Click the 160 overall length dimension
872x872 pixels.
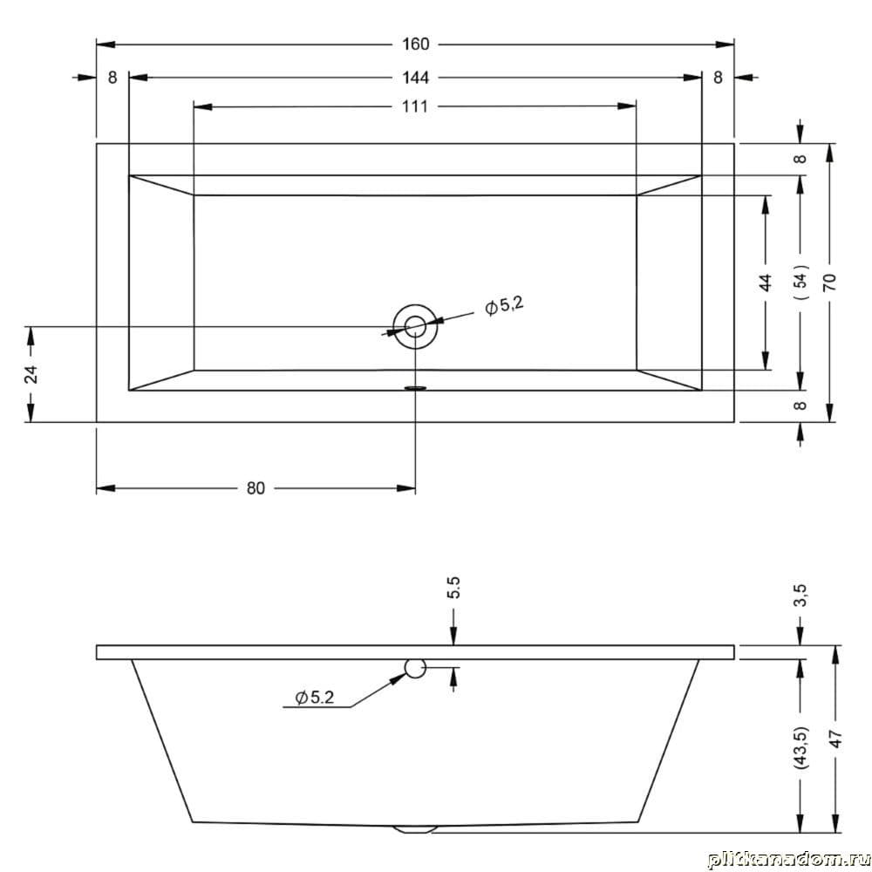(415, 44)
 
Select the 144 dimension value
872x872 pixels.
(415, 78)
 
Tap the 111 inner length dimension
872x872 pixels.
(415, 106)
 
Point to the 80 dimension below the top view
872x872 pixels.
(255, 488)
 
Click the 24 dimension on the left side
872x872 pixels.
(32, 374)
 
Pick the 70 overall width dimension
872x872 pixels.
(830, 283)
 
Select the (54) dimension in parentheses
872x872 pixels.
(800, 282)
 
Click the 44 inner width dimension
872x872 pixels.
(766, 283)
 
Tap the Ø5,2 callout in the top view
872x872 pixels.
(504, 305)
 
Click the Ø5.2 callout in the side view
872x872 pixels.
(315, 698)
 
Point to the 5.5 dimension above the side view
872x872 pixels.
(453, 588)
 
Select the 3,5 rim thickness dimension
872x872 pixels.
(800, 596)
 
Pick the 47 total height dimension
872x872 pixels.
(836, 739)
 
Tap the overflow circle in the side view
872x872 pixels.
(415, 668)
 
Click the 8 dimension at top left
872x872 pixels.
(112, 78)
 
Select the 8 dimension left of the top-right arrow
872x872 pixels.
(718, 78)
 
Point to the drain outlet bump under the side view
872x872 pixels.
(414, 828)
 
